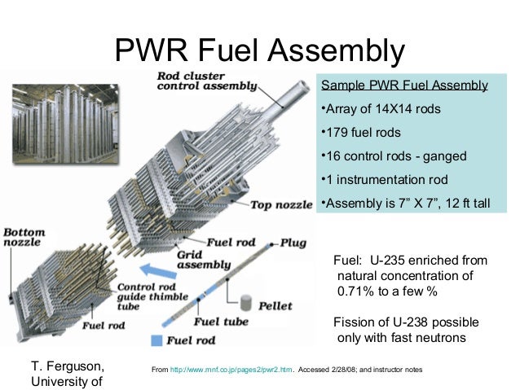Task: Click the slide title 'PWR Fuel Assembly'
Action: pyautogui.click(x=259, y=50)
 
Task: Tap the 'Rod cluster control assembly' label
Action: pyautogui.click(x=206, y=81)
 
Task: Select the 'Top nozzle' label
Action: pyautogui.click(x=282, y=204)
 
